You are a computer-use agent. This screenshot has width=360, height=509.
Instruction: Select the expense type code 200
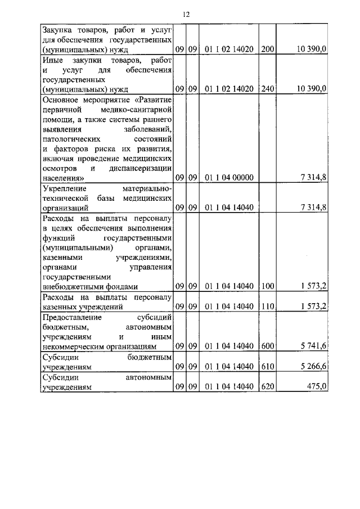click(268, 50)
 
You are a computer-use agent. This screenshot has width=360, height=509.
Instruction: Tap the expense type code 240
click(268, 89)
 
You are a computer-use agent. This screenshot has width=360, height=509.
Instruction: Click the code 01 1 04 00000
click(229, 178)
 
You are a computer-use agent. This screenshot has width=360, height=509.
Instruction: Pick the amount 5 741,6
click(314, 346)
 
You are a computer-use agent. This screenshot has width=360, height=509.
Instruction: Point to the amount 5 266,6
click(314, 366)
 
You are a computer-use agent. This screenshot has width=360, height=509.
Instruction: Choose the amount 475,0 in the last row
click(316, 386)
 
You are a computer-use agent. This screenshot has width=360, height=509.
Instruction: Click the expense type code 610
click(268, 366)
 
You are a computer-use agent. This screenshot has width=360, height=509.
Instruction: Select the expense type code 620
click(268, 386)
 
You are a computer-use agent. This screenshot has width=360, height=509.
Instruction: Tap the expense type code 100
click(268, 286)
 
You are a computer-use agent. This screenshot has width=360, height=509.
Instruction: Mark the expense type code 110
click(268, 307)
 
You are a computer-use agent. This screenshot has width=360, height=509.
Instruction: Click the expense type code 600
click(268, 346)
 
